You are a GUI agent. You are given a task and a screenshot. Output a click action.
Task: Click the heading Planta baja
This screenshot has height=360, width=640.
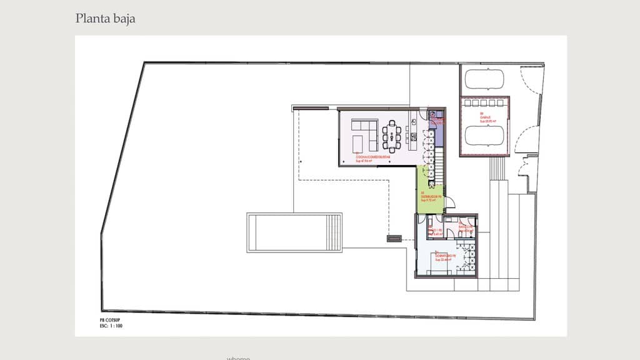click(105, 19)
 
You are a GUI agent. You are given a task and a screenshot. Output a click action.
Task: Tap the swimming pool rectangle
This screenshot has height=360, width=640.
click(294, 232)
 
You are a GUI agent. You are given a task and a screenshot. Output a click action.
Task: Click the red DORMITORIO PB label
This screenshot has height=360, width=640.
click(444, 257)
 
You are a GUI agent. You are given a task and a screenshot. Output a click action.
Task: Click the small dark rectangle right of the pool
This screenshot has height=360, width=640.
click(394, 237)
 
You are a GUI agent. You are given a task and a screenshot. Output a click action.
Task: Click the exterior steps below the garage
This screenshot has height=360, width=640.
click(497, 167)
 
